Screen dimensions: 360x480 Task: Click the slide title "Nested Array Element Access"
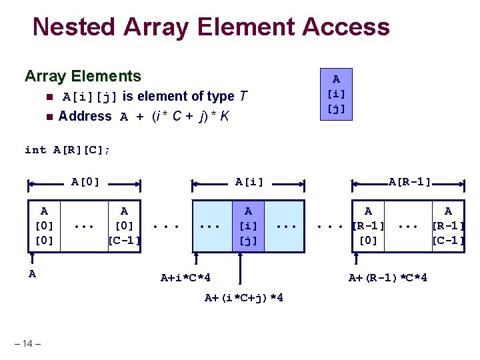pyautogui.click(x=211, y=27)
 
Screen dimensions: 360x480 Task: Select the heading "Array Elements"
pyautogui.click(x=83, y=76)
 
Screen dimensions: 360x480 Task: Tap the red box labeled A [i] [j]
pyautogui.click(x=336, y=94)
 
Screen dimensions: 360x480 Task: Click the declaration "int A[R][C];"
pyautogui.click(x=67, y=149)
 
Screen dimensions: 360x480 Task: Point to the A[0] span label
pyautogui.click(x=85, y=181)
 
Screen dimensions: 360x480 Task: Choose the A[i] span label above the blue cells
pyautogui.click(x=249, y=181)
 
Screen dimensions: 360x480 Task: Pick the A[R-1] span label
pyautogui.click(x=409, y=181)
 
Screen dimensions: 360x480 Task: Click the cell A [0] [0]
pyautogui.click(x=44, y=226)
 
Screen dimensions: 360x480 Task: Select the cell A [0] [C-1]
pyautogui.click(x=124, y=226)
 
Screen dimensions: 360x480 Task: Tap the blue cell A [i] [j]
pyautogui.click(x=248, y=226)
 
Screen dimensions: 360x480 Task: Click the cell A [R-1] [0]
pyautogui.click(x=368, y=226)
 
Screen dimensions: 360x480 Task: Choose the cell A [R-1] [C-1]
pyautogui.click(x=448, y=226)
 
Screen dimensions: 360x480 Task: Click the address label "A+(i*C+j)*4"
pyautogui.click(x=243, y=297)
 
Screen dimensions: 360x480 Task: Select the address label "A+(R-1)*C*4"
pyautogui.click(x=388, y=277)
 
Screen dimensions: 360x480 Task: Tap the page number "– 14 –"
pyautogui.click(x=27, y=343)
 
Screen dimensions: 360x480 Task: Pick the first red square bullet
pyautogui.click(x=49, y=97)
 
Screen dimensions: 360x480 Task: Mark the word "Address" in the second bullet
pyautogui.click(x=85, y=117)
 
